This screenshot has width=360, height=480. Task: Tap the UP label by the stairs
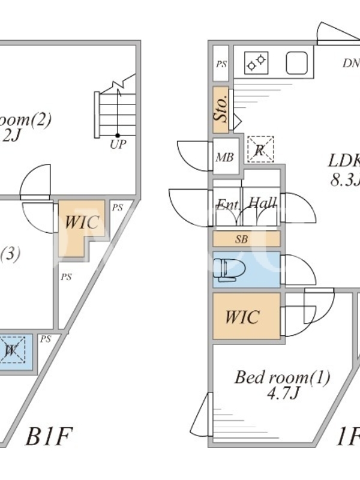[118, 145]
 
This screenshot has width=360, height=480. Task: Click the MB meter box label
[224, 158]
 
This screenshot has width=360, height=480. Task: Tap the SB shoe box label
[241, 239]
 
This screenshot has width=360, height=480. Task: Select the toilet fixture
[227, 269]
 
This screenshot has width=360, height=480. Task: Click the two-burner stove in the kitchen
[256, 61]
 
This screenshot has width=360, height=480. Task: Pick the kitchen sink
[296, 62]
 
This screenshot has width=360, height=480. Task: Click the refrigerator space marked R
[260, 149]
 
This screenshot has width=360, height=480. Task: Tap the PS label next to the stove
[221, 64]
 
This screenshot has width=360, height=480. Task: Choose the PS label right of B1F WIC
[117, 208]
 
